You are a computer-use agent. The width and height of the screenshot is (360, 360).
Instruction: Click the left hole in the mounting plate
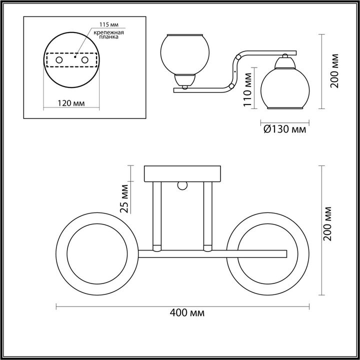pyautogui.click(x=59, y=60)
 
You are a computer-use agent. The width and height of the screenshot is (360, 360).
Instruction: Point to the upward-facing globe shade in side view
pyautogui.click(x=184, y=53)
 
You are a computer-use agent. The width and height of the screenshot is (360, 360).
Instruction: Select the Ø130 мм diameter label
pyautogui.click(x=283, y=129)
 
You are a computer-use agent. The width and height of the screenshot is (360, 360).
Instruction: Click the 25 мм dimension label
pyautogui.click(x=125, y=198)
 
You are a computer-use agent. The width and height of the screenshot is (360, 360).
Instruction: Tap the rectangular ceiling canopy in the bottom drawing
pyautogui.click(x=182, y=173)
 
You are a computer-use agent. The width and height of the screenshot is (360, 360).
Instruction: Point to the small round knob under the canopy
pyautogui.click(x=182, y=186)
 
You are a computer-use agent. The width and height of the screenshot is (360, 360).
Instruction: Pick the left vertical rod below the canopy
pyautogui.click(x=157, y=215)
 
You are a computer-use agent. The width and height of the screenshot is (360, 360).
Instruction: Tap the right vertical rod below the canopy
pyautogui.click(x=207, y=215)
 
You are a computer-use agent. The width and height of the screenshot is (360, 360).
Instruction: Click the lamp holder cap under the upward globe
pyautogui.click(x=184, y=79)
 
